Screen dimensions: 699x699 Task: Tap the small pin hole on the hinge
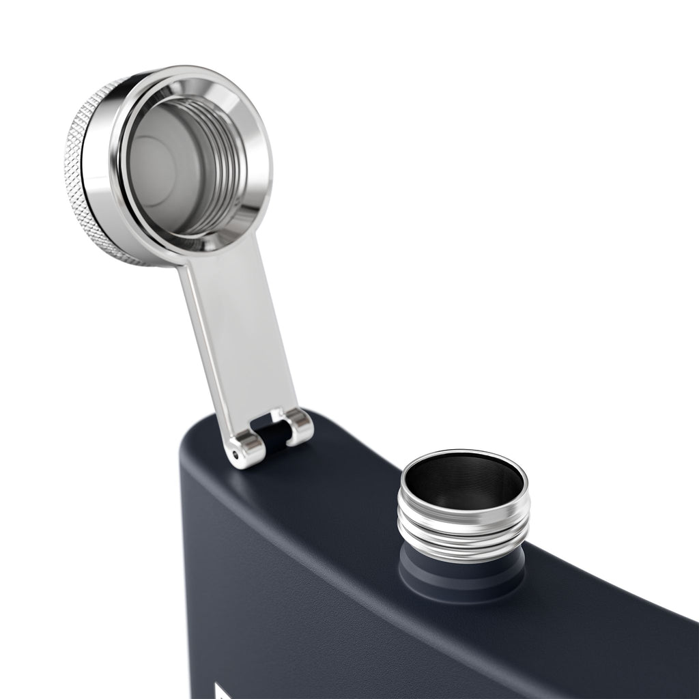coord(236,454)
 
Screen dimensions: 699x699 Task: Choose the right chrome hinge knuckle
coord(299,427)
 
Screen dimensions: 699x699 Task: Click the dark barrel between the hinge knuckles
coord(273,437)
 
